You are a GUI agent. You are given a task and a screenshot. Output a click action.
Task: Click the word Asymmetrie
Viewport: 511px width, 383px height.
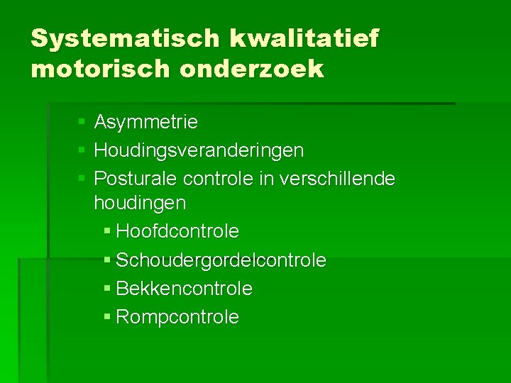coord(145,123)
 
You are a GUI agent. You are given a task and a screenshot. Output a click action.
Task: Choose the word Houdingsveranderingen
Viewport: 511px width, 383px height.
coord(199,150)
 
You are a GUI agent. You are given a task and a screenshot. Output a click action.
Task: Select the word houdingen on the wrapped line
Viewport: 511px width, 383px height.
coord(140,204)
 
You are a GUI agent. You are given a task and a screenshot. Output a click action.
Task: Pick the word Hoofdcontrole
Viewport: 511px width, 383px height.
coord(177,232)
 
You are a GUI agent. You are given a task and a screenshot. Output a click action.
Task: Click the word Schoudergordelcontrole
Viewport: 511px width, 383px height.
coord(221,261)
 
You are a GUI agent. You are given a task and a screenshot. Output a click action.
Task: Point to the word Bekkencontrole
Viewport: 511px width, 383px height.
coord(184,289)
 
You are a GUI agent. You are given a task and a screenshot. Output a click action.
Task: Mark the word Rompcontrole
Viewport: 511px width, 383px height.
coord(177,317)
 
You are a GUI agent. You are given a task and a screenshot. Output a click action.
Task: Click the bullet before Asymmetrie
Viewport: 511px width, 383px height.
coord(82,123)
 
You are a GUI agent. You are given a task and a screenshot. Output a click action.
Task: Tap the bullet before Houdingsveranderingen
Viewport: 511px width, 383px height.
coord(82,151)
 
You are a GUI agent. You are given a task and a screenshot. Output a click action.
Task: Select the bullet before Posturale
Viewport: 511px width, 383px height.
coord(82,179)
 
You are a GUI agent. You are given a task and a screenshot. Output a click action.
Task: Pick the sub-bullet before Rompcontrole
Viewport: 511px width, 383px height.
coord(107,318)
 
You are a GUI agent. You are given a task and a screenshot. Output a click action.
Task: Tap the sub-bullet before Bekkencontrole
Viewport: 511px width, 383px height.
coord(107,289)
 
